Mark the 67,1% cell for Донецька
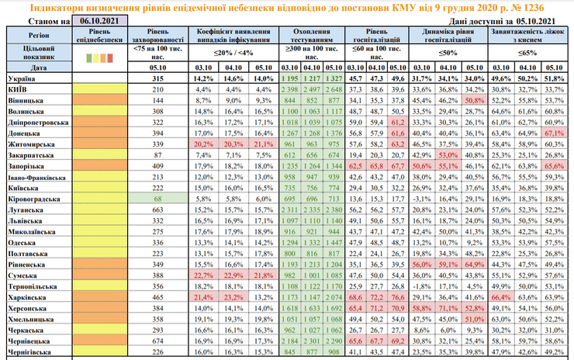[554, 133]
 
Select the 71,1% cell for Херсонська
[449, 307]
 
